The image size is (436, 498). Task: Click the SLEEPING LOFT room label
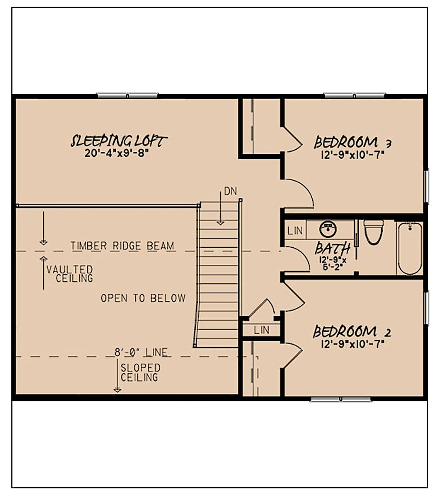[119, 141]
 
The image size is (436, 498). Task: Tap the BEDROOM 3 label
[346, 142]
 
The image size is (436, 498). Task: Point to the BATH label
[333, 249]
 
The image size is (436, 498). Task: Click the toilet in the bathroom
[373, 232]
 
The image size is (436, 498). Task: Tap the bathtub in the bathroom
[410, 248]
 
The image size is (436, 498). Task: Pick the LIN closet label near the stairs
[262, 330]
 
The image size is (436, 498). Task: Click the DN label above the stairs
[230, 191]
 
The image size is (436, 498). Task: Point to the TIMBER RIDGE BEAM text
[123, 246]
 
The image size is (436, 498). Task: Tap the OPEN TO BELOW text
[143, 298]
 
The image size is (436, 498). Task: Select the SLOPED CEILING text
[140, 372]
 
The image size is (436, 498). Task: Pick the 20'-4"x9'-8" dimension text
[119, 154]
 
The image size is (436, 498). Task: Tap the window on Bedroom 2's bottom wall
[341, 398]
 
